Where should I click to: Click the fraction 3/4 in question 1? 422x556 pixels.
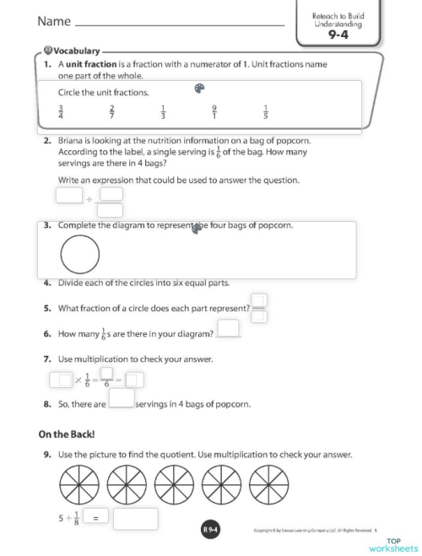(x=61, y=112)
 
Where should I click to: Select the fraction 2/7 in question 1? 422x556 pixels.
(x=112, y=112)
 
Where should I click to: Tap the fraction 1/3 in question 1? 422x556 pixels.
(x=163, y=112)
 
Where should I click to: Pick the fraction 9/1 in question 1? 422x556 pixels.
(x=215, y=112)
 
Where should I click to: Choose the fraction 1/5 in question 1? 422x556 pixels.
(x=265, y=112)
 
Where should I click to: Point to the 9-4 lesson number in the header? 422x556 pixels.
(x=338, y=35)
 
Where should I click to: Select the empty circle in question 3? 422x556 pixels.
(x=80, y=254)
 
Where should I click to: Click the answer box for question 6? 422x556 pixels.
(x=228, y=329)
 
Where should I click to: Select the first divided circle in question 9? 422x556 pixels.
(x=79, y=483)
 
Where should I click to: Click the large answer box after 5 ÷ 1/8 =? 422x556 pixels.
(x=135, y=519)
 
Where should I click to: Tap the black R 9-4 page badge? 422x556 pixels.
(x=211, y=530)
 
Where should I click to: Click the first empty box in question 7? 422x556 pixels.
(x=61, y=379)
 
